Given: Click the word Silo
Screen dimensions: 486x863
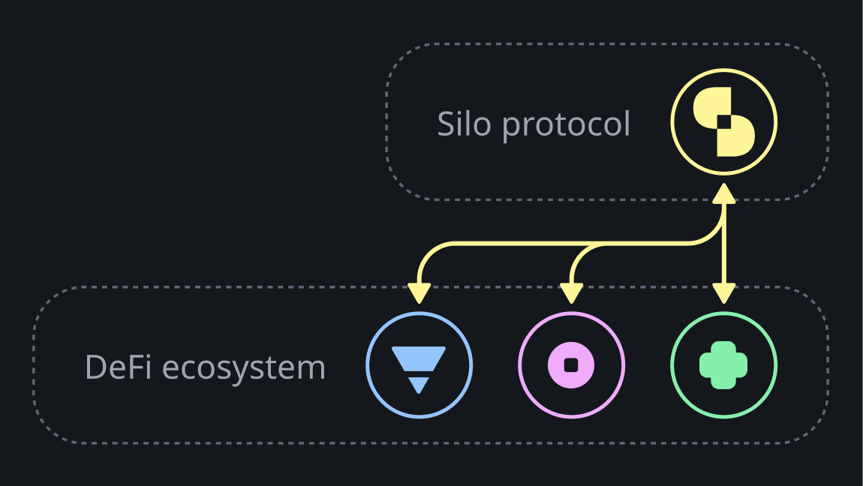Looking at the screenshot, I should coord(465,124).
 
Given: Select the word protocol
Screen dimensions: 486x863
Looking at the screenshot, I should coord(566,125).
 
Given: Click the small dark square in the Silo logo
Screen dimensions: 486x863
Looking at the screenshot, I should coord(723,122).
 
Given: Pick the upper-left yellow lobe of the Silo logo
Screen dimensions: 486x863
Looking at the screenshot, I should coord(710,105).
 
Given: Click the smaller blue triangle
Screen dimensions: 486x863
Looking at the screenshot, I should coord(419,385).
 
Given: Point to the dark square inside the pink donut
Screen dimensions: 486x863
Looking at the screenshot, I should coord(571,365).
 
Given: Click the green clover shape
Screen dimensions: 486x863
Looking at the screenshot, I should coord(723,365).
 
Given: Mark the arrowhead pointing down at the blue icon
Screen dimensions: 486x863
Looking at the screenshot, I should coord(419,293).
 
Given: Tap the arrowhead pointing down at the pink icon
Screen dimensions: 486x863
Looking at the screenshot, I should coord(571,293).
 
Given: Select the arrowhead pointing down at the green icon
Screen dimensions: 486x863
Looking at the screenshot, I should coord(723,293).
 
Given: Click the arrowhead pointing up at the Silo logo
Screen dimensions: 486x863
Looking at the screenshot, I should coord(723,193).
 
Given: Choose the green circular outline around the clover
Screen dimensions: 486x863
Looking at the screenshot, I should coord(672,365).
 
